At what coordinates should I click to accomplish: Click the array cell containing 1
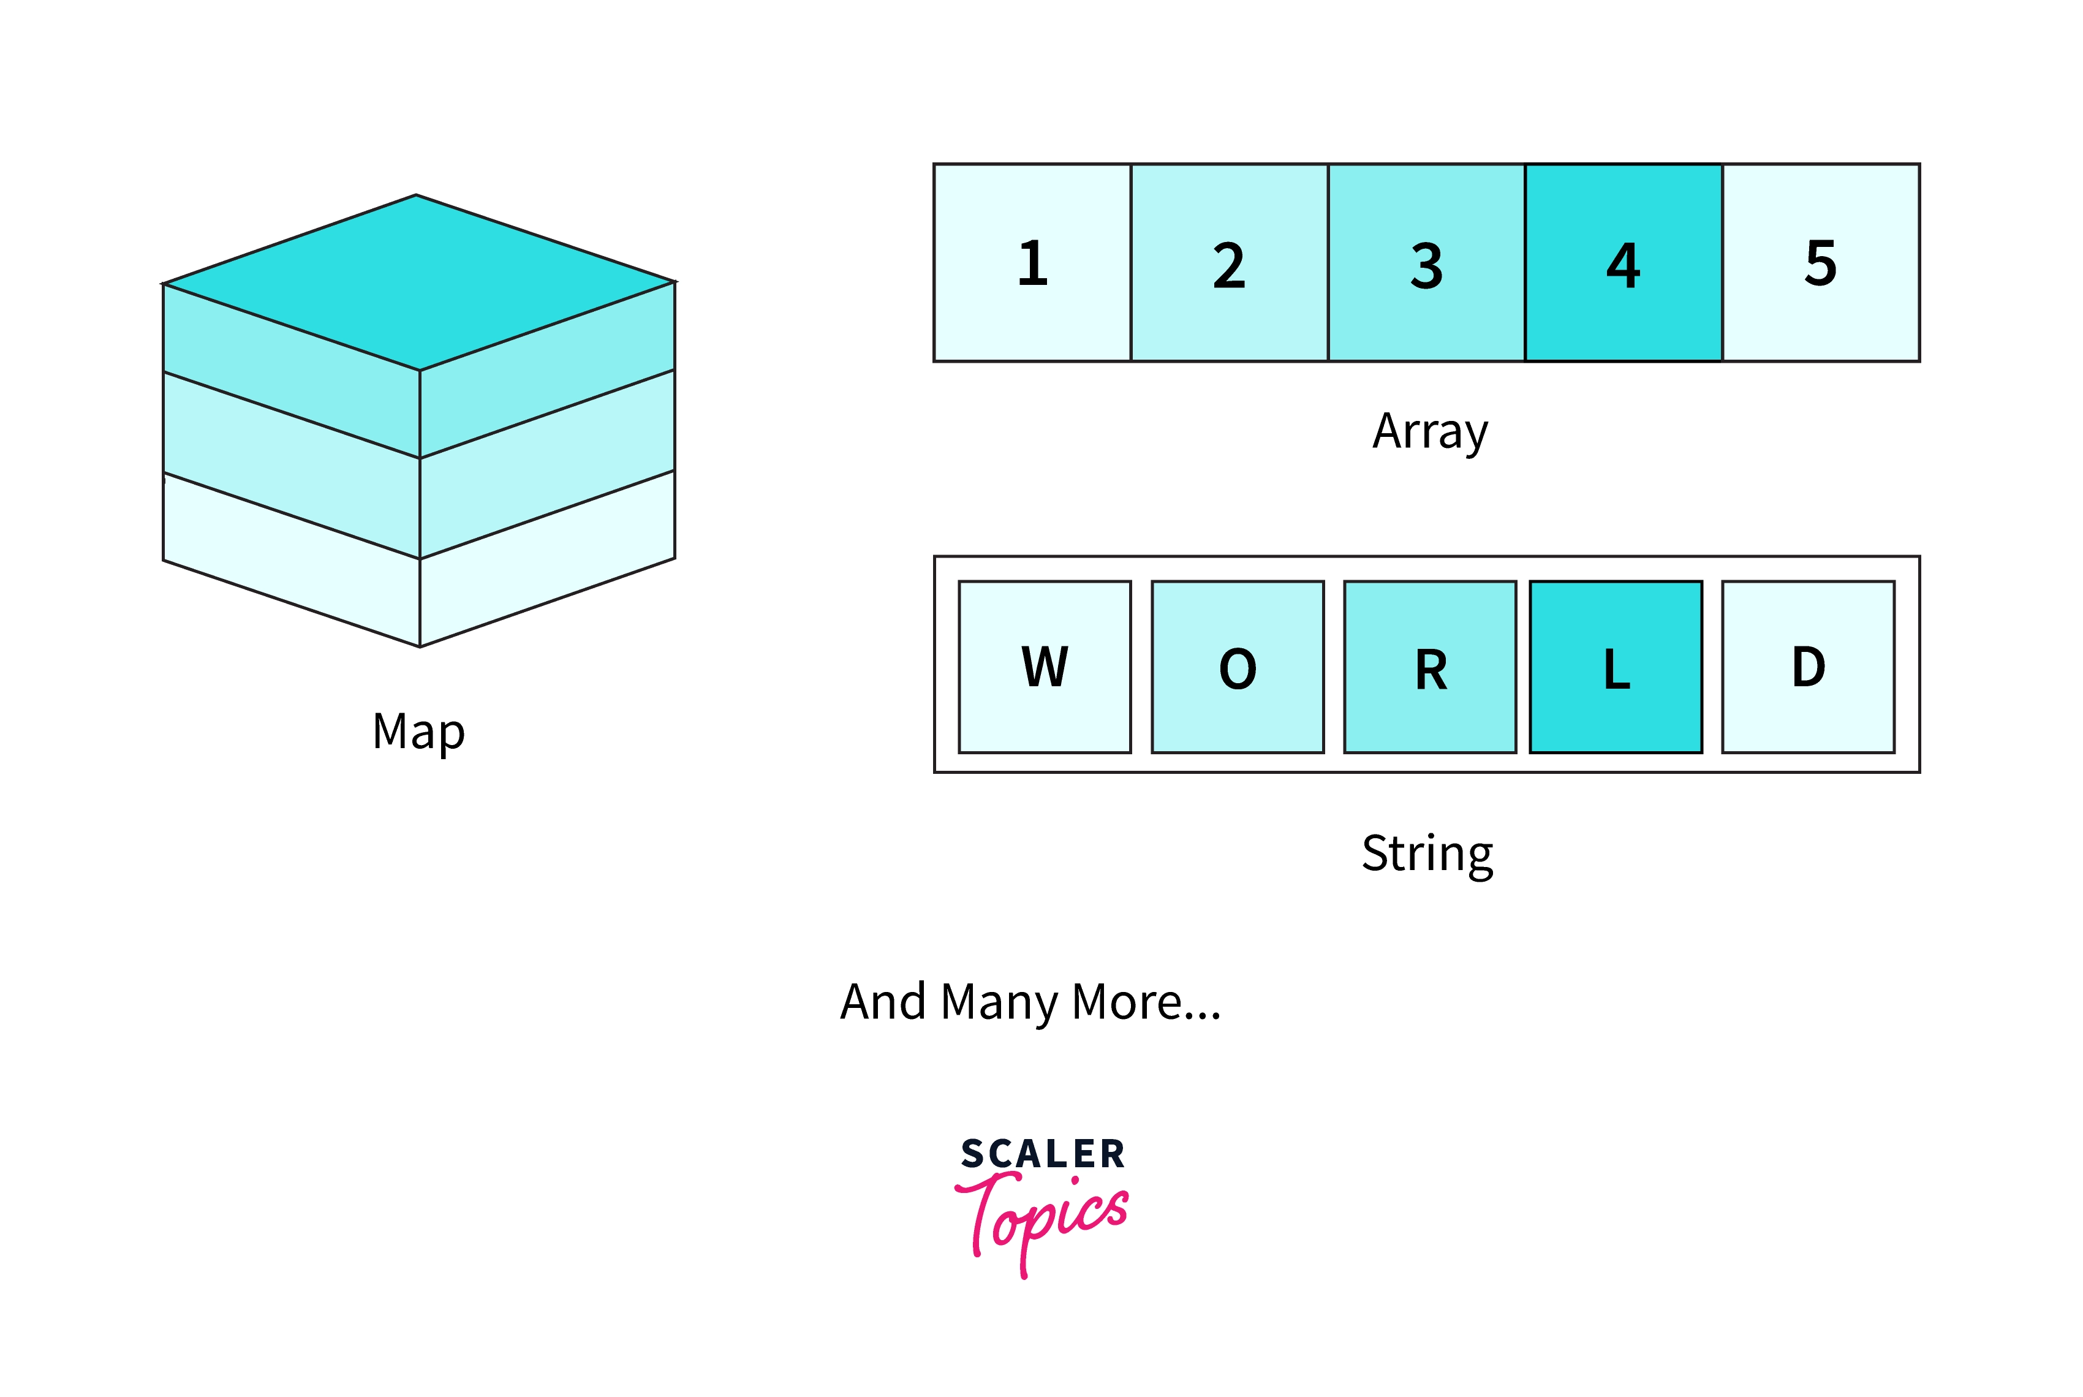[1032, 263]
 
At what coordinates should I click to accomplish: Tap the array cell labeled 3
[1426, 263]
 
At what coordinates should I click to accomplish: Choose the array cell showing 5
[1820, 263]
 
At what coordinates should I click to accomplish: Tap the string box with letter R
[1429, 667]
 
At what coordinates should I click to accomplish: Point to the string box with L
[1616, 667]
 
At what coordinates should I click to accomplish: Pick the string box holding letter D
[1808, 667]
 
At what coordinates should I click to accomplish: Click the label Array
[1429, 432]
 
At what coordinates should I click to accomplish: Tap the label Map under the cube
[418, 732]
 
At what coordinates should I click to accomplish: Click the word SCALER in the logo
[1042, 1154]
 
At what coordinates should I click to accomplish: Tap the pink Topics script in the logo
[1042, 1216]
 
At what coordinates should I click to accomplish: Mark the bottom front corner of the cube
[420, 646]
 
